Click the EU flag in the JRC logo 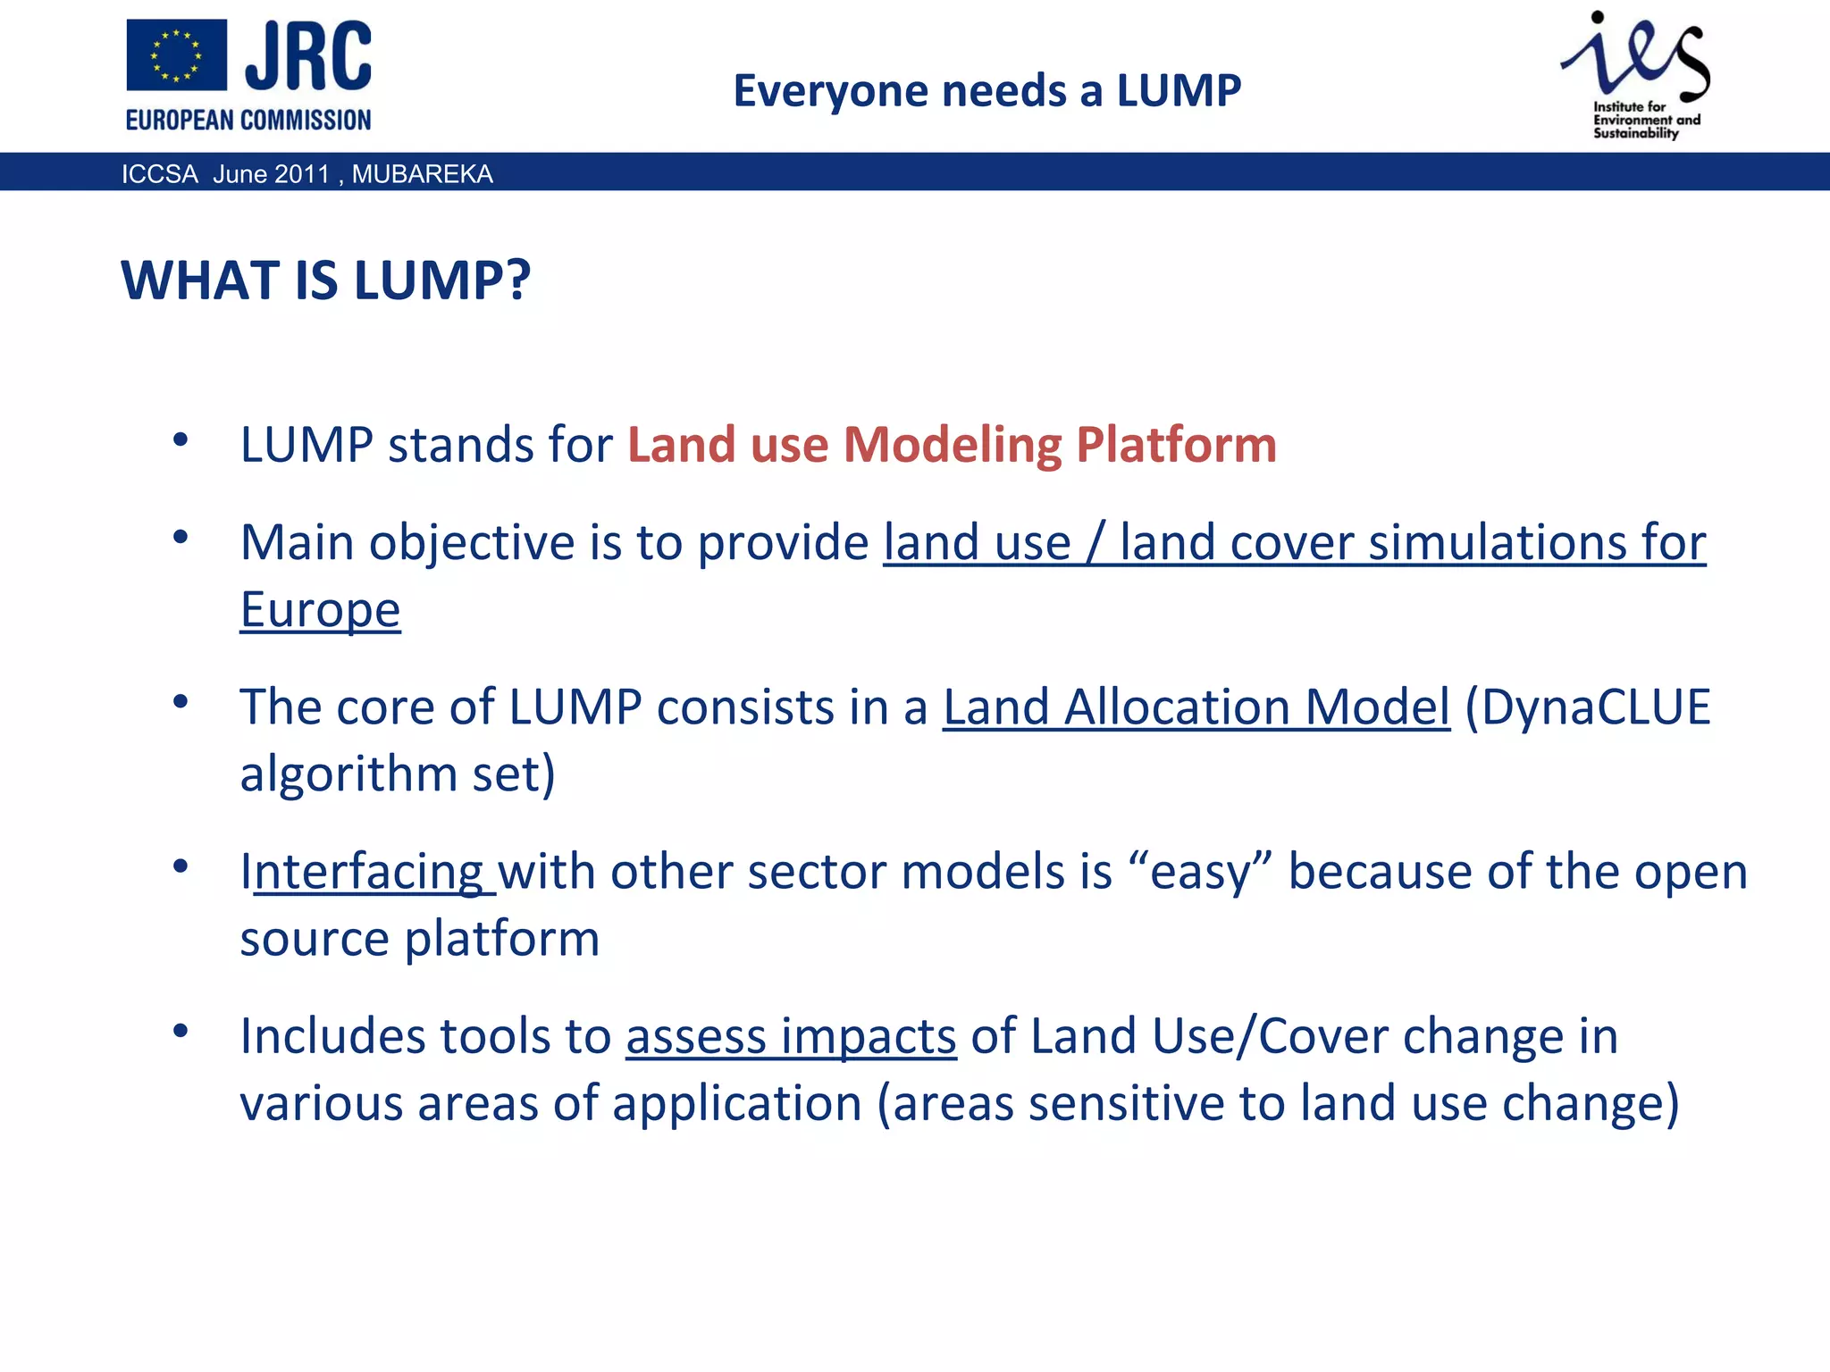tap(176, 55)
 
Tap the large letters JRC tap(308, 56)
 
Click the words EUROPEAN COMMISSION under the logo tap(248, 120)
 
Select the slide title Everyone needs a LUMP tap(986, 90)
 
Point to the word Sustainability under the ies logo tap(1635, 133)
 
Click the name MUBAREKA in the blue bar tap(422, 173)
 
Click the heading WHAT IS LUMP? tap(326, 280)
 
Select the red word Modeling tap(952, 445)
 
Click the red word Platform tap(1176, 445)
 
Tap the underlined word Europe tap(320, 610)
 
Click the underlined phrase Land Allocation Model tap(1196, 707)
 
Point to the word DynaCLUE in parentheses tap(1595, 707)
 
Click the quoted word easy tap(1199, 872)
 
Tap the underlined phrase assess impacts tap(791, 1037)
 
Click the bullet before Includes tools tap(180, 1032)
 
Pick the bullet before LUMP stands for tap(180, 439)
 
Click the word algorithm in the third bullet tap(348, 774)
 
